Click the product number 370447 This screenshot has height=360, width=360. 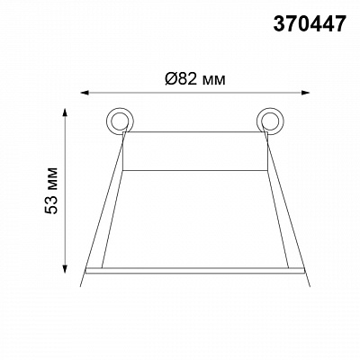pyautogui.click(x=310, y=24)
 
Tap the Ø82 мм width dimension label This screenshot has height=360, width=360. pyautogui.click(x=195, y=79)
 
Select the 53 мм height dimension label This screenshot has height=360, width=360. pyautogui.click(x=51, y=191)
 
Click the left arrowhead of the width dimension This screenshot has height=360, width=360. pyautogui.click(x=85, y=93)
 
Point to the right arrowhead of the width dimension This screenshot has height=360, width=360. pyautogui.click(x=305, y=93)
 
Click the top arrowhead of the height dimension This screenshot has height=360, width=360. pyautogui.click(x=65, y=113)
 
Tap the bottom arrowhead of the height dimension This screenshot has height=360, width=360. pyautogui.click(x=65, y=268)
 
